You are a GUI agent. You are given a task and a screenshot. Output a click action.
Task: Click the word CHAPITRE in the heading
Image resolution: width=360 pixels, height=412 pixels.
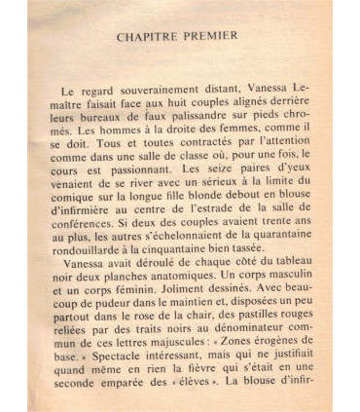click(149, 38)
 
